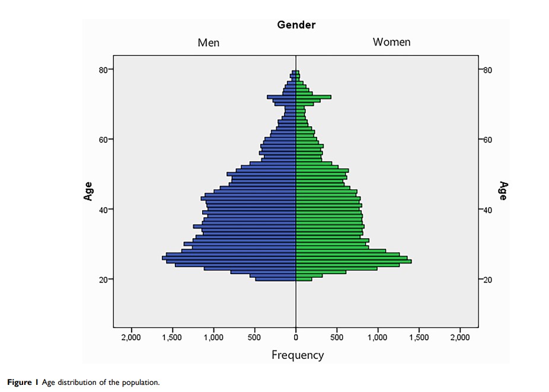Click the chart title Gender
click(296, 25)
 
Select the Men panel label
click(208, 43)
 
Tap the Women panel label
click(391, 42)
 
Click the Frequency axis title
click(298, 355)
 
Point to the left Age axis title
click(88, 191)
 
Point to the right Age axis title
click(503, 191)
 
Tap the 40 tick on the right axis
click(489, 210)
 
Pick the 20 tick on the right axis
click(489, 279)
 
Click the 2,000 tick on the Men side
click(131, 337)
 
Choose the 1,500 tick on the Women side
click(419, 337)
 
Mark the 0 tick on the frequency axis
click(296, 337)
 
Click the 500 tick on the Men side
click(255, 337)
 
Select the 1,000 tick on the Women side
click(378, 337)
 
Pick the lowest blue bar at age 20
click(276, 279)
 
